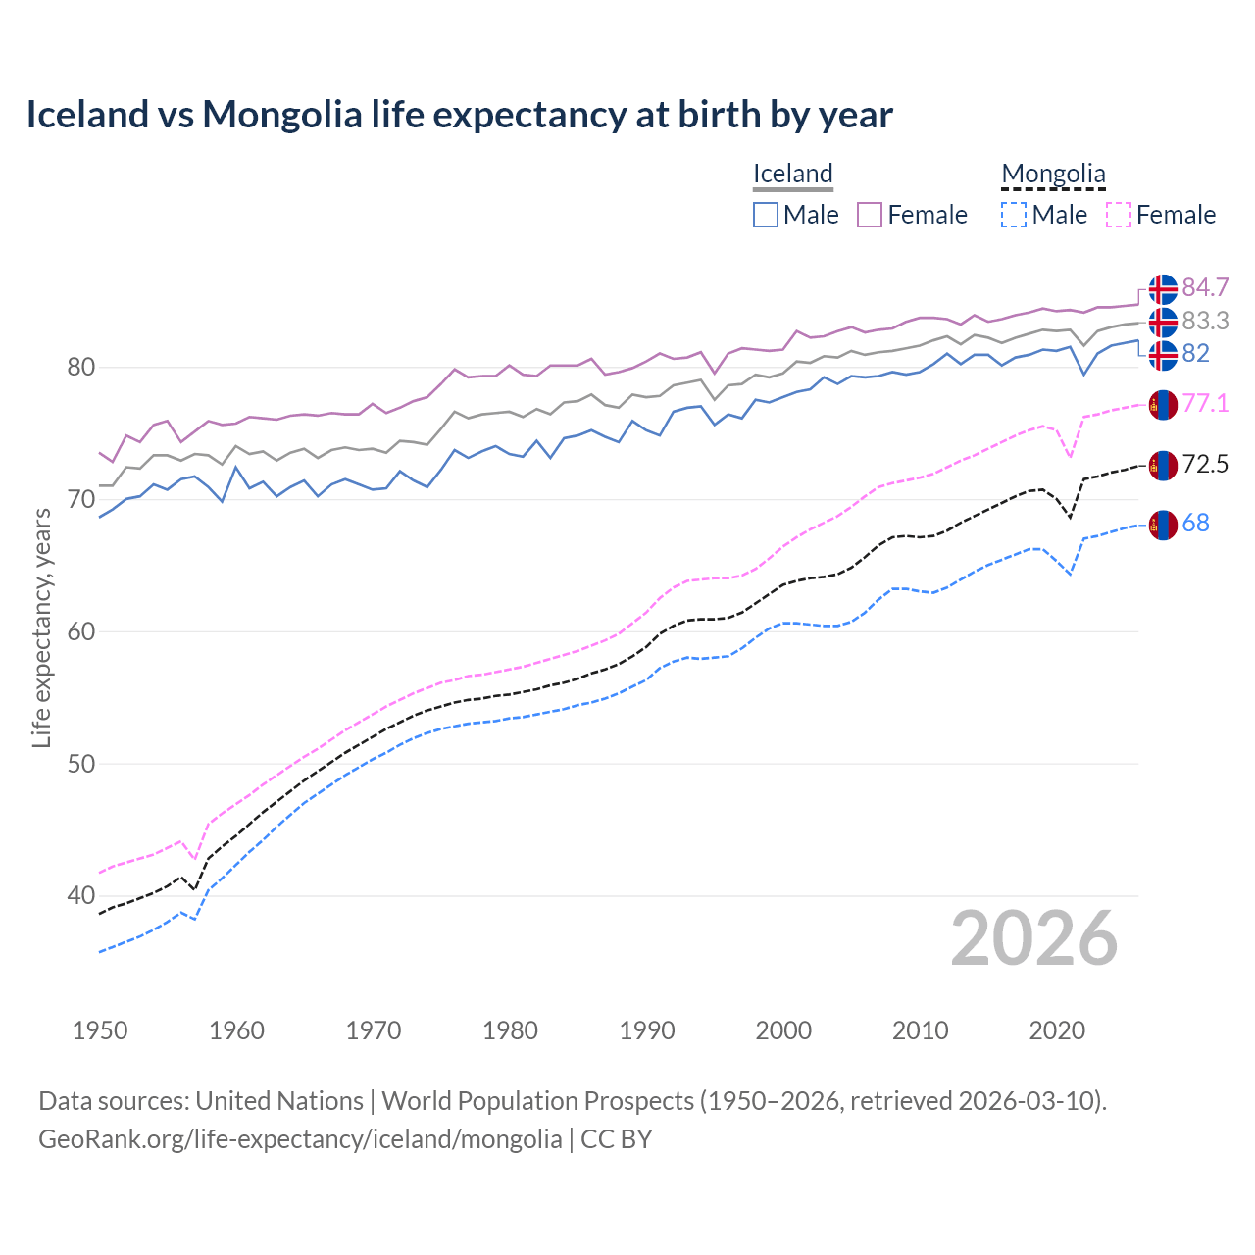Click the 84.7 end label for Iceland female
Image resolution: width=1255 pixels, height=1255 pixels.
coord(1205,287)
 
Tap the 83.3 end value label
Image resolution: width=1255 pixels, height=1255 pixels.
coord(1205,321)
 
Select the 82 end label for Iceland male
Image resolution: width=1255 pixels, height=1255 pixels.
coord(1195,353)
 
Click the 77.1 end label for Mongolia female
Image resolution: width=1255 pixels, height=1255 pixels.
coord(1205,403)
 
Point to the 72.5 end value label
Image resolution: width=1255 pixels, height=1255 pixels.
coord(1205,464)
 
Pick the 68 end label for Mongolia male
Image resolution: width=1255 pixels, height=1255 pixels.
coord(1195,523)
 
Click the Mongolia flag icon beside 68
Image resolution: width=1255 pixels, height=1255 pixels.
coord(1163,525)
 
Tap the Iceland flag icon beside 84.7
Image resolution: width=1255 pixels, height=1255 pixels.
coord(1163,289)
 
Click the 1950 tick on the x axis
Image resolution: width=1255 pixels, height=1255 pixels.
coord(100,1030)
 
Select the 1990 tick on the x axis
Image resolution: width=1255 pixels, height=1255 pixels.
coord(647,1030)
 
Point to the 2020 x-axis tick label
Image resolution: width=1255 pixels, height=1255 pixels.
coord(1057,1030)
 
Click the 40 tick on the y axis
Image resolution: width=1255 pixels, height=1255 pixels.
coord(80,895)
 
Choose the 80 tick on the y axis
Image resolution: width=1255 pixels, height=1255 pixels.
coord(80,368)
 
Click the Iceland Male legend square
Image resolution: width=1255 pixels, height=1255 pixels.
coord(766,215)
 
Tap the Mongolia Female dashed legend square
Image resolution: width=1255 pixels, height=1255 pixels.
coord(1119,215)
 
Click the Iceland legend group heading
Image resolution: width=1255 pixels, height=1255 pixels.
coord(792,174)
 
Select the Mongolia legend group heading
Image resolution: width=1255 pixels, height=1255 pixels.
coord(1053,174)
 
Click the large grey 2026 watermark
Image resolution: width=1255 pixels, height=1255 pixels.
coord(1034,938)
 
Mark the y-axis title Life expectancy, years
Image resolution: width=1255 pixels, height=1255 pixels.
coord(41,627)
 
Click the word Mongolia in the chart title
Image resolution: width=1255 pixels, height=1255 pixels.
coord(282,115)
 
